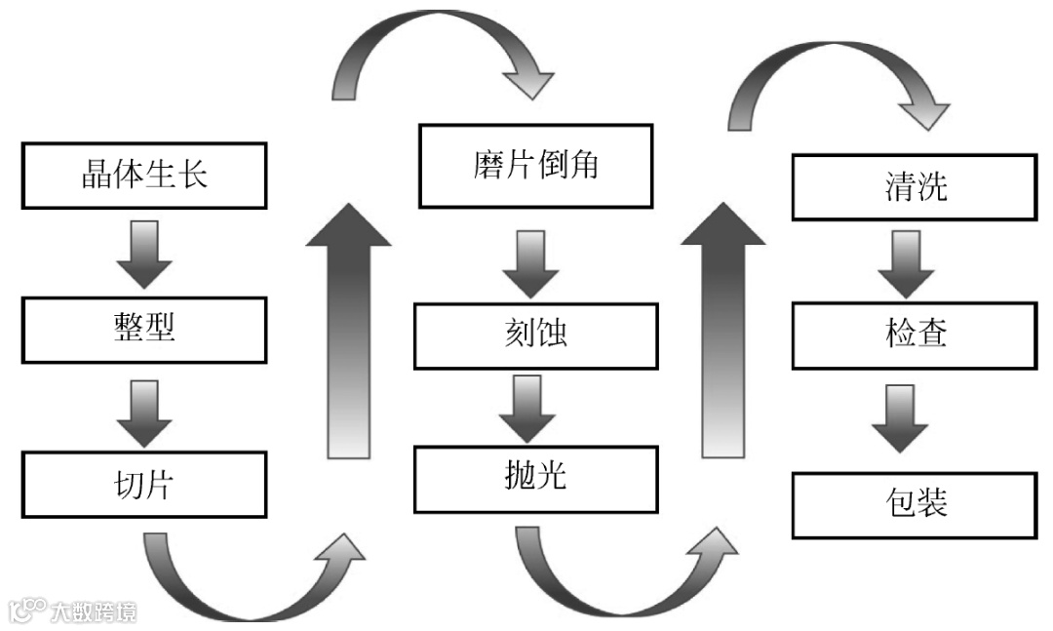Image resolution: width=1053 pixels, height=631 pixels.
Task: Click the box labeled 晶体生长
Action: pyautogui.click(x=143, y=175)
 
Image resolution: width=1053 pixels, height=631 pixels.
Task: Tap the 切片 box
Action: pyautogui.click(x=143, y=485)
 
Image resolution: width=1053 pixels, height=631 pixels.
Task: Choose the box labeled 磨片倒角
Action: pyautogui.click(x=535, y=166)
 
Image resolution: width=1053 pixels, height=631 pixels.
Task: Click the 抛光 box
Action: pyautogui.click(x=535, y=479)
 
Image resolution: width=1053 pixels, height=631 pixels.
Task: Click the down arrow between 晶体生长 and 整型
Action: pyautogui.click(x=144, y=254)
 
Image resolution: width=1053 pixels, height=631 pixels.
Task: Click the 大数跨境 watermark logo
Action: pyautogui.click(x=73, y=611)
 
